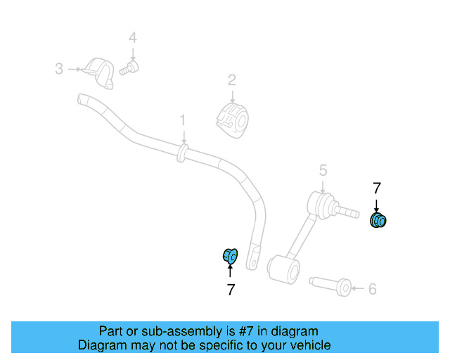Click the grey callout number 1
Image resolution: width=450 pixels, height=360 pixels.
183,120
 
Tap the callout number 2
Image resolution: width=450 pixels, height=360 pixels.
232,80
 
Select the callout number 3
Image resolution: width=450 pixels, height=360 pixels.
59,69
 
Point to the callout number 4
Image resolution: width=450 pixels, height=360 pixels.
133,37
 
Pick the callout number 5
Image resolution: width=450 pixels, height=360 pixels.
323,171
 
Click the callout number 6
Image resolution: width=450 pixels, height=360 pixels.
372,289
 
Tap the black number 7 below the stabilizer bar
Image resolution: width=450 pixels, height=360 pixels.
231,290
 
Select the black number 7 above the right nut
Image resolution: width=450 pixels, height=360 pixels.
377,188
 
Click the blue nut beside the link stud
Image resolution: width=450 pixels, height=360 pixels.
378,220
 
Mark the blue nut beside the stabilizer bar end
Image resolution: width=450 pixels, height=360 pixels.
231,255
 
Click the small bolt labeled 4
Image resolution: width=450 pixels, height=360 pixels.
129,68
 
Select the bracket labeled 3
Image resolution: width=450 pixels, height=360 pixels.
98,74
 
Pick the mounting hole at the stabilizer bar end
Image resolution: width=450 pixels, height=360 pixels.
253,263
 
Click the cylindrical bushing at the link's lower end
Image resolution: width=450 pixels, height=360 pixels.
283,269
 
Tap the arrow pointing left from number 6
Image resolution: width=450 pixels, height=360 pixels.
358,288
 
